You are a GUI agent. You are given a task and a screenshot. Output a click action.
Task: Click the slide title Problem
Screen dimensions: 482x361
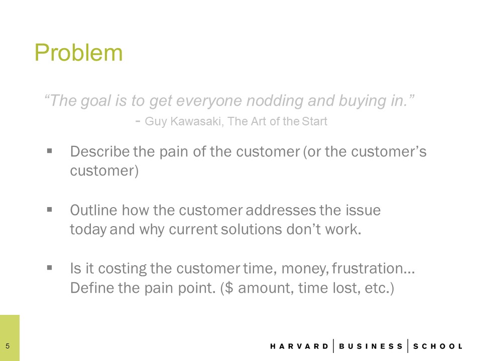[79, 53]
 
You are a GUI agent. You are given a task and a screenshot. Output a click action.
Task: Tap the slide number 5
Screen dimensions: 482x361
[8, 346]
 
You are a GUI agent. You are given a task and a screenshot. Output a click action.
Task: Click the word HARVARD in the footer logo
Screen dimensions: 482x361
[299, 346]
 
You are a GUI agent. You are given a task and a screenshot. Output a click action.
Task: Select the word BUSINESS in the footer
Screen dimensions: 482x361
[371, 346]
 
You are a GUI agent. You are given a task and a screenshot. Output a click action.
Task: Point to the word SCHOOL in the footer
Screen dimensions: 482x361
[438, 346]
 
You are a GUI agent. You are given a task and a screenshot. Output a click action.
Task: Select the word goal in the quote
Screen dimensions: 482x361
[95, 101]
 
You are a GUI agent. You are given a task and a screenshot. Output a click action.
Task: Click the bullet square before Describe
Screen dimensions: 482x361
[50, 151]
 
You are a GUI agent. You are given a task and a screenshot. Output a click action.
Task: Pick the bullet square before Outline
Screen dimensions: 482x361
[50, 210]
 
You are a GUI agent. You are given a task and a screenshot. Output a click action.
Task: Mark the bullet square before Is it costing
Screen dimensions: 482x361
[50, 268]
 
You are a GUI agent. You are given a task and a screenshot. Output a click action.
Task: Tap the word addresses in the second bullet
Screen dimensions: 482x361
[281, 210]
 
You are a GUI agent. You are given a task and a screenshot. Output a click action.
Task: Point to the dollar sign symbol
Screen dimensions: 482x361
[229, 288]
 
